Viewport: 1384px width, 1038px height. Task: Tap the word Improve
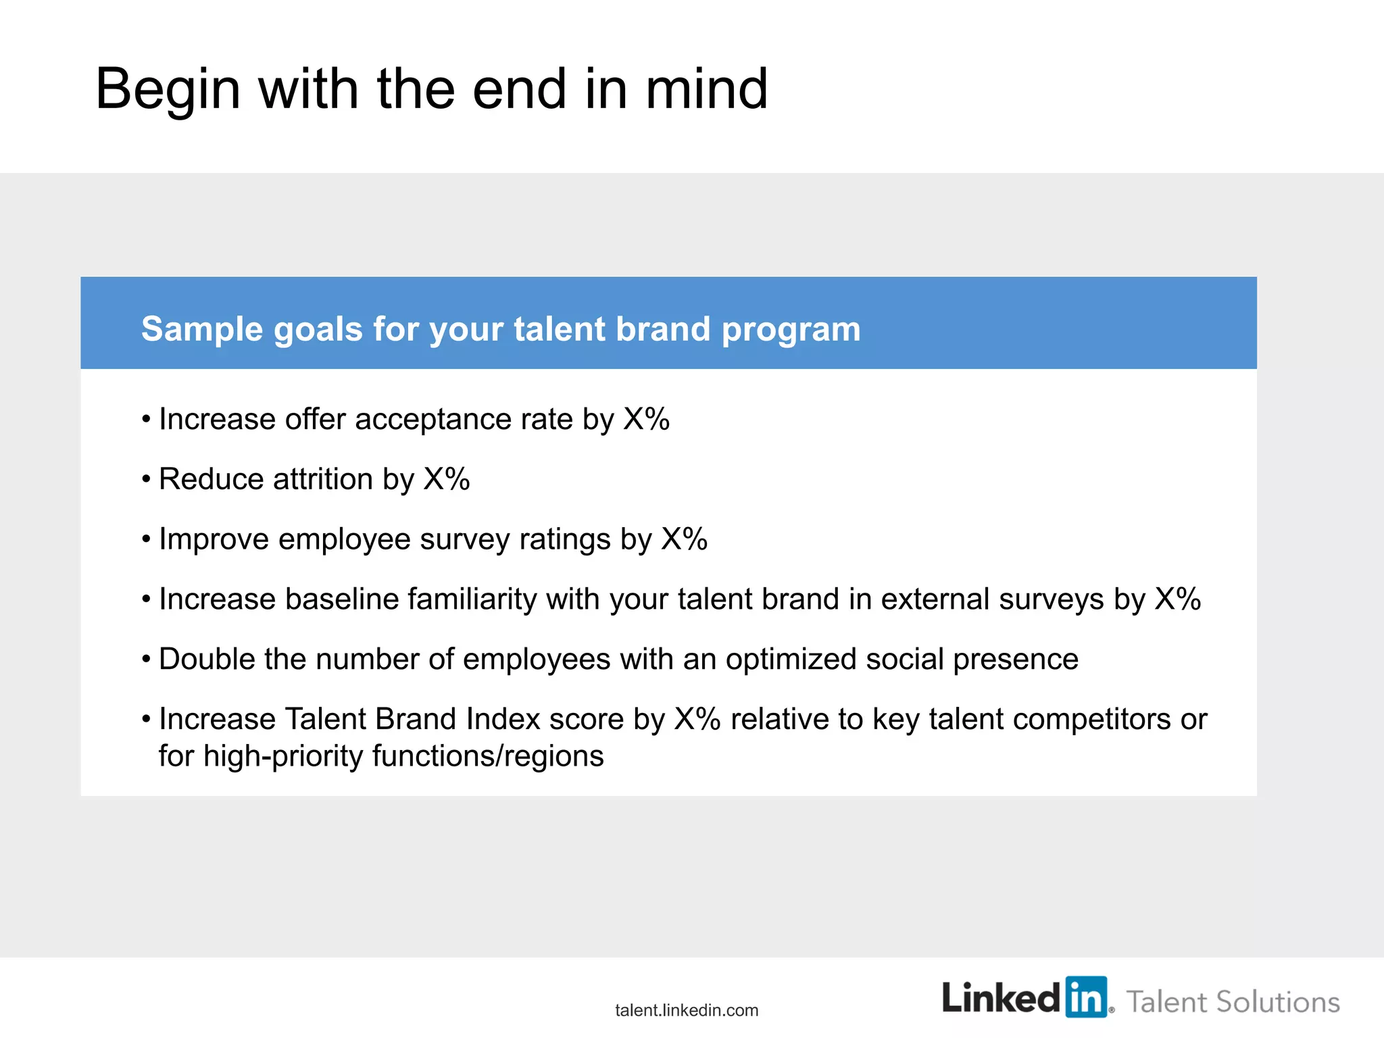(214, 540)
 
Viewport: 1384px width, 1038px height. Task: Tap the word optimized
(791, 660)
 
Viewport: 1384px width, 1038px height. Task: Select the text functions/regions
(487, 756)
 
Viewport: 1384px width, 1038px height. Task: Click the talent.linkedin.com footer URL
(687, 1010)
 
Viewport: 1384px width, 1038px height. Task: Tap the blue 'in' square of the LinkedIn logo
(1087, 997)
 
